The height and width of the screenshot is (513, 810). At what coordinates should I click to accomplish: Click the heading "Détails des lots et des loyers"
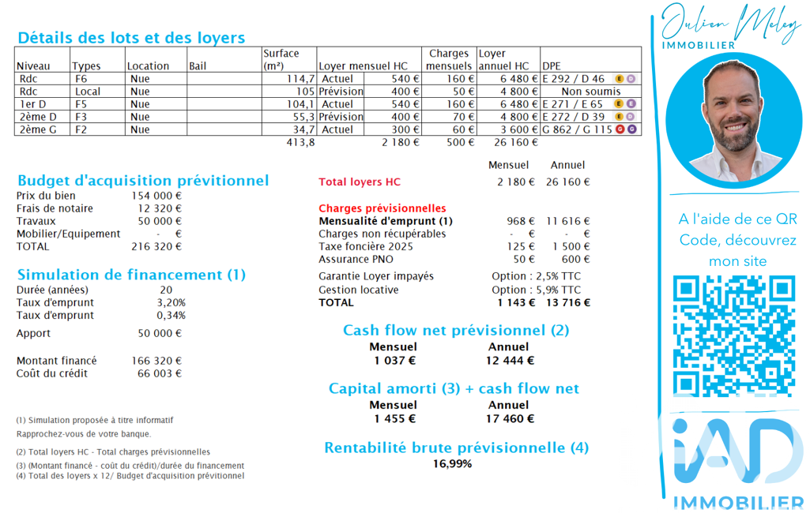[x=131, y=37]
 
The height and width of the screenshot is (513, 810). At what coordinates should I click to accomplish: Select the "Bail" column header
[x=198, y=66]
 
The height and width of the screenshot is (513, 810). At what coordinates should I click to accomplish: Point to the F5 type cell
[x=81, y=104]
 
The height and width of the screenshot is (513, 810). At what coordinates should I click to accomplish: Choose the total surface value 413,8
[x=300, y=143]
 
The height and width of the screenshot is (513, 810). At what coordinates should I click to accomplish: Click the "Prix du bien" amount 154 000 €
[x=156, y=196]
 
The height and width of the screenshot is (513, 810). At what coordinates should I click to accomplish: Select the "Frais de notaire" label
[x=55, y=208]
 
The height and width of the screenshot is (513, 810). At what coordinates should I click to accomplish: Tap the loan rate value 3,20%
[x=171, y=302]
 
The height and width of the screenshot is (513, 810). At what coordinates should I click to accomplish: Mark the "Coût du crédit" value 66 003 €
[x=156, y=373]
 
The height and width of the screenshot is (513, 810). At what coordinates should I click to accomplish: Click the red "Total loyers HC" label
[x=360, y=182]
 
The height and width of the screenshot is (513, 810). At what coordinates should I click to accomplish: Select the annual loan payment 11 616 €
[x=567, y=221]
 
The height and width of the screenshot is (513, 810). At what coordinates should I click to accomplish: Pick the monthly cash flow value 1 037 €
[x=394, y=361]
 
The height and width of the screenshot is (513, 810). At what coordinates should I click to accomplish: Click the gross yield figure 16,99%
[x=452, y=464]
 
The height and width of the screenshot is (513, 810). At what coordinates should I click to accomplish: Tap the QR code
[x=733, y=335]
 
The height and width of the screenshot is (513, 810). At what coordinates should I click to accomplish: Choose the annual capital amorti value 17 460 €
[x=510, y=419]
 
